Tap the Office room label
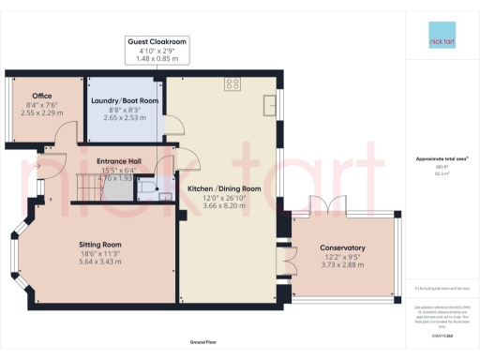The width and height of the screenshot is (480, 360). click(41, 96)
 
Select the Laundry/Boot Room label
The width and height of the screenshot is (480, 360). click(124, 100)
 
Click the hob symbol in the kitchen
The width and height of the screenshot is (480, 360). click(232, 85)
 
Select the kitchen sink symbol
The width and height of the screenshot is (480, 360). click(270, 102)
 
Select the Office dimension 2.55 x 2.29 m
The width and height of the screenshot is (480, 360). click(41, 112)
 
